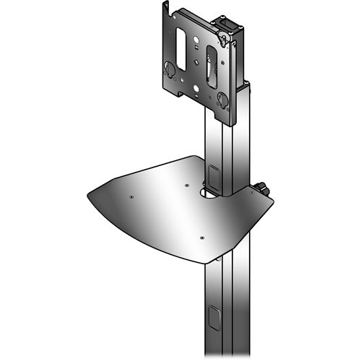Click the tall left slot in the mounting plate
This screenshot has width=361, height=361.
(180, 51)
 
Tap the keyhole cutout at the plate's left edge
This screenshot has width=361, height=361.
(169, 70)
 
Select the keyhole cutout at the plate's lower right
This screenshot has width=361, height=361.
(222, 100)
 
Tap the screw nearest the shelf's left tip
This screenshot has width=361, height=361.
(131, 196)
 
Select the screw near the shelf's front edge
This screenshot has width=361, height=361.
(201, 237)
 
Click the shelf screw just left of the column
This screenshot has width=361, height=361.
(187, 186)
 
